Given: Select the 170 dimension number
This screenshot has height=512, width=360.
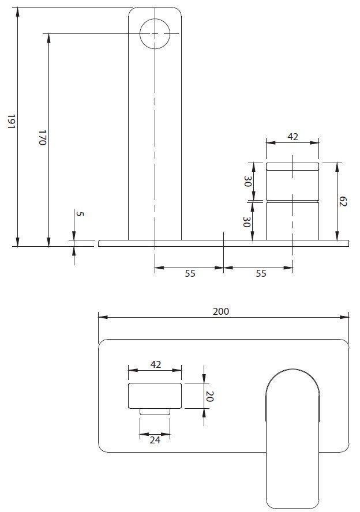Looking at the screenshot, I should click(42, 138).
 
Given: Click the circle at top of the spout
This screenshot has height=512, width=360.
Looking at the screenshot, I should click(155, 33).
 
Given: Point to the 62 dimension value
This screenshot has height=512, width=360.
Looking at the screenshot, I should click(343, 202).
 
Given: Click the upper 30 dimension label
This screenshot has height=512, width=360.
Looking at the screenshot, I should click(247, 181).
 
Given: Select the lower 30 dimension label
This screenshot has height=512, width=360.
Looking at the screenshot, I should click(247, 221).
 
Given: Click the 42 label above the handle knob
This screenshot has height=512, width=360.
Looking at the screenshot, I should click(292, 137).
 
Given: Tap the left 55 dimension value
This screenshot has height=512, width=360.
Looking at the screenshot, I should click(190, 274).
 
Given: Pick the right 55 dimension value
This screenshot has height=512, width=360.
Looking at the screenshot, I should click(261, 274).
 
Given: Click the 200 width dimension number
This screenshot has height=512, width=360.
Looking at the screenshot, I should click(221, 311).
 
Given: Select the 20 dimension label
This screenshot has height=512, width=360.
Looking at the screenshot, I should click(210, 396).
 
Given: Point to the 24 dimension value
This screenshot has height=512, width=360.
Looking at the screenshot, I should click(155, 439).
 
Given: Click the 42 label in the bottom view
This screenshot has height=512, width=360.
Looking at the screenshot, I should click(155, 365).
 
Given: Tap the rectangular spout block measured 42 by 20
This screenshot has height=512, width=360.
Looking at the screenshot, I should click(155, 395).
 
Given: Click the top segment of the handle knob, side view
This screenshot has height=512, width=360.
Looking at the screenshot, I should click(292, 167).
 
